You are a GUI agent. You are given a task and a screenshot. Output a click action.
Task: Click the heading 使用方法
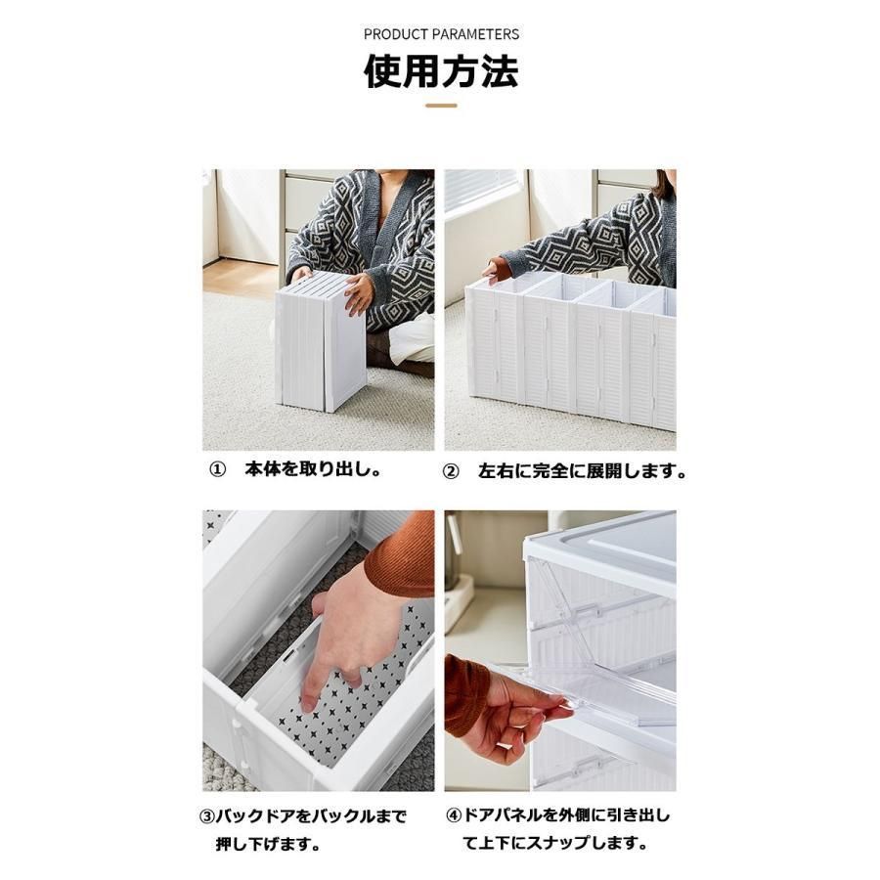click(x=441, y=71)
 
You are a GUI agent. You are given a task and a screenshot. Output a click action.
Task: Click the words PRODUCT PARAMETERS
click(x=441, y=34)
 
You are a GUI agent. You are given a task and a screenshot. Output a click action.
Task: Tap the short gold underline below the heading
click(x=441, y=106)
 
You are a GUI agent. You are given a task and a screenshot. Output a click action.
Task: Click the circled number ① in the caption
click(x=218, y=469)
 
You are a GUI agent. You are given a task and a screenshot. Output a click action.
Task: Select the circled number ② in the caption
click(x=451, y=471)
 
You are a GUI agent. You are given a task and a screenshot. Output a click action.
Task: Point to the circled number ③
click(x=207, y=816)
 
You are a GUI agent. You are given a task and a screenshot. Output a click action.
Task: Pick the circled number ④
click(x=454, y=815)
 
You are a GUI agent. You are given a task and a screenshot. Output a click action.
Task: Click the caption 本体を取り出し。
click(x=314, y=469)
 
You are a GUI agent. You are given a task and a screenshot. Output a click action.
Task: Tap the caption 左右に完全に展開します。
click(x=583, y=471)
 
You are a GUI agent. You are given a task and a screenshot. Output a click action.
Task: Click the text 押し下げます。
click(x=270, y=844)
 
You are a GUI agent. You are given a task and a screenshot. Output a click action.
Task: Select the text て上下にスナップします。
click(x=555, y=843)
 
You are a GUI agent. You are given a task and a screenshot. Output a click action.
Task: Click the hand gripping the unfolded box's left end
click(x=492, y=269)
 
